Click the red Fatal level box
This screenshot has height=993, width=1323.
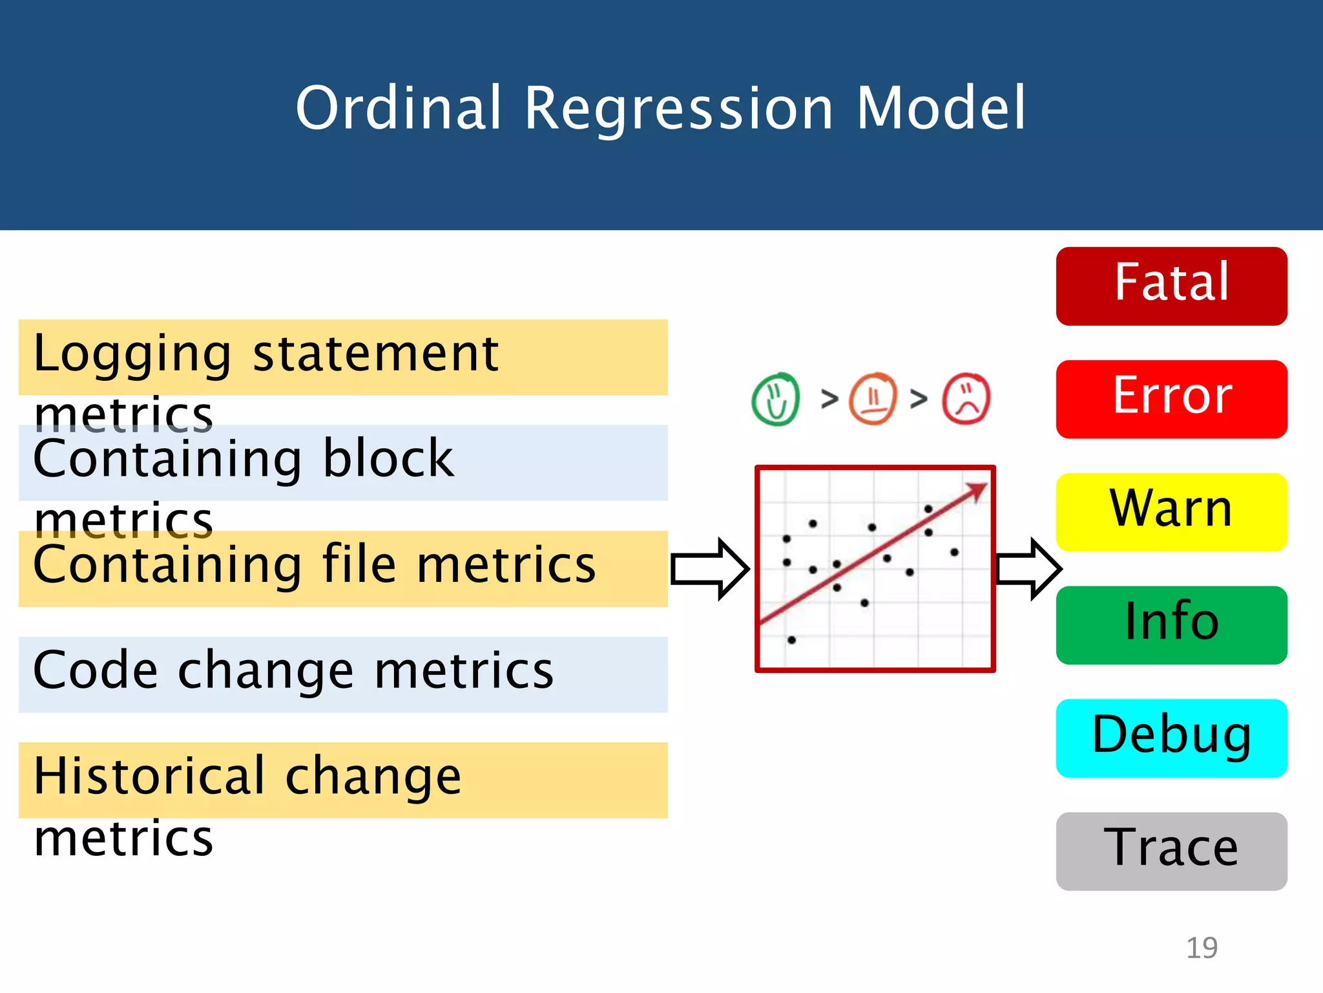coord(1171,286)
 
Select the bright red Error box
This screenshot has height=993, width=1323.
coord(1171,399)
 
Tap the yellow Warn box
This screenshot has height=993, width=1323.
coord(1171,512)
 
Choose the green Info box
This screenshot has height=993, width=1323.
coord(1171,625)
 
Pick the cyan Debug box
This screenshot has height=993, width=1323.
coord(1171,738)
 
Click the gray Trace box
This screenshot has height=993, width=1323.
coord(1171,851)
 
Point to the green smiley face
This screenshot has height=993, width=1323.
coord(776,399)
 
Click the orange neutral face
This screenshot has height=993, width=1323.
coord(873,398)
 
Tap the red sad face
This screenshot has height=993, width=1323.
coord(966,399)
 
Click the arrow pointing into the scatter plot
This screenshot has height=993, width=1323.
coord(709,569)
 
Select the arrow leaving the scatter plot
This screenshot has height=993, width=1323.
coord(1028,569)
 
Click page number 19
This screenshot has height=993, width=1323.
coord(1202,948)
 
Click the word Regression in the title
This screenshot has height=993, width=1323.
coord(678,108)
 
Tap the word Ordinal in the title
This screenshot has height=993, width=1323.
coord(398,108)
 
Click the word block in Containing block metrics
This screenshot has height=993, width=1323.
coord(388,458)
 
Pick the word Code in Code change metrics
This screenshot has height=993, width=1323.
coord(95,670)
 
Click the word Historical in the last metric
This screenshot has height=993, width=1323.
coord(149,776)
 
